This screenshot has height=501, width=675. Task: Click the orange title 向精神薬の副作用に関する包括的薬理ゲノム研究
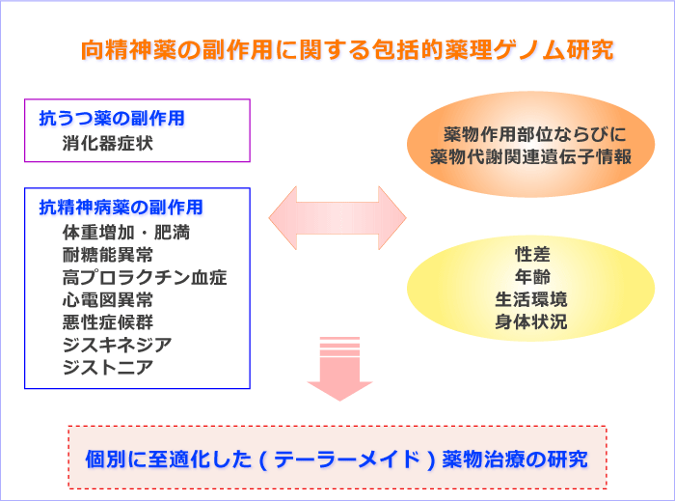pyautogui.click(x=347, y=50)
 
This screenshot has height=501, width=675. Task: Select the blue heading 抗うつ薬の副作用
pyautogui.click(x=112, y=118)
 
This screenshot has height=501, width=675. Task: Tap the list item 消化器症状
pyautogui.click(x=108, y=143)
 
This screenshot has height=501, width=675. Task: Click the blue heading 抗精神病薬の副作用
pyautogui.click(x=121, y=208)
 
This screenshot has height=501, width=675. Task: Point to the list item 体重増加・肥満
pyautogui.click(x=126, y=233)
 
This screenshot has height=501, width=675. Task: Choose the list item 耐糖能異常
pyautogui.click(x=108, y=255)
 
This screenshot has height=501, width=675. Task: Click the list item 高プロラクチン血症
pyautogui.click(x=145, y=277)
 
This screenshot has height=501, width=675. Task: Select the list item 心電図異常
pyautogui.click(x=108, y=300)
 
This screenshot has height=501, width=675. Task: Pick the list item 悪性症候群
pyautogui.click(x=108, y=322)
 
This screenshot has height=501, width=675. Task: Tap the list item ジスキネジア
pyautogui.click(x=117, y=345)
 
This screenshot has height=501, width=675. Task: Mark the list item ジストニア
pyautogui.click(x=108, y=368)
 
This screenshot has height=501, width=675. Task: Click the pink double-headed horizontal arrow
pyautogui.click(x=337, y=218)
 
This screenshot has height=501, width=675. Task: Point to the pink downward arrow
pyautogui.click(x=339, y=369)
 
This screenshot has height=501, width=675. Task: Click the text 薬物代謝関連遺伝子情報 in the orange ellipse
pyautogui.click(x=530, y=156)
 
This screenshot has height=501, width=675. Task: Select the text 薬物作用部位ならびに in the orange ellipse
pyautogui.click(x=534, y=134)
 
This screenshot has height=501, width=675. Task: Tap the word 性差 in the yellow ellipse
pyautogui.click(x=532, y=254)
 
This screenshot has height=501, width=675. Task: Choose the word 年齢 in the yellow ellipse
pyautogui.click(x=532, y=276)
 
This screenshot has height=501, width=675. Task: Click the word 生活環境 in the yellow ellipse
pyautogui.click(x=531, y=299)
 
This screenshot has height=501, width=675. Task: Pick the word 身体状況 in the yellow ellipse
pyautogui.click(x=531, y=321)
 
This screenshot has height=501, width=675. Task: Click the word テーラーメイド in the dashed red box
pyautogui.click(x=347, y=459)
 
